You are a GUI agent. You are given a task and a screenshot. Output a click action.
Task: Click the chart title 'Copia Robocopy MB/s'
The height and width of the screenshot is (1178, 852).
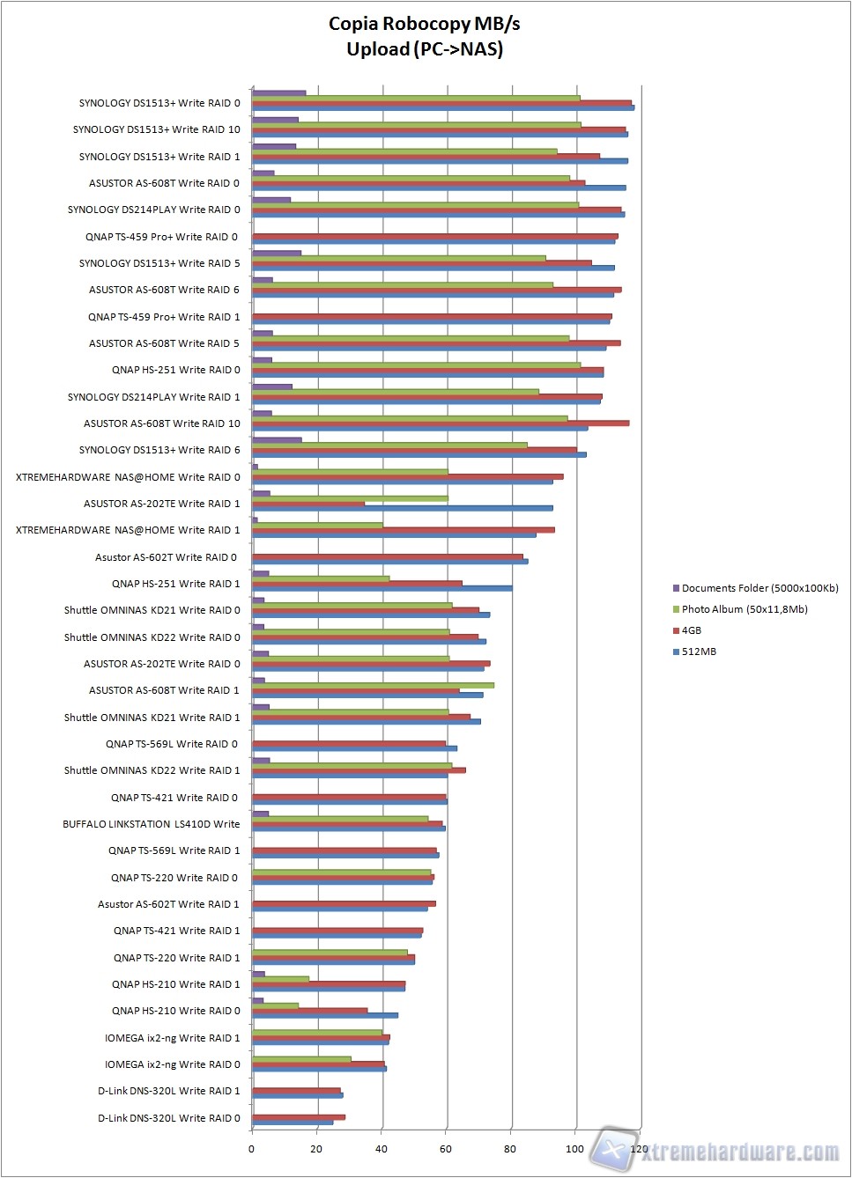point(425,24)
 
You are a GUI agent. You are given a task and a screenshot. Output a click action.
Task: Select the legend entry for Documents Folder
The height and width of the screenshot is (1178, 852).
point(759,588)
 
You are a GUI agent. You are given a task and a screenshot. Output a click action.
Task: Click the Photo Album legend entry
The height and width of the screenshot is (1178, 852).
point(744,609)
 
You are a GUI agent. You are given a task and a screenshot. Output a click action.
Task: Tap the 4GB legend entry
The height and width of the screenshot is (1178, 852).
point(691,630)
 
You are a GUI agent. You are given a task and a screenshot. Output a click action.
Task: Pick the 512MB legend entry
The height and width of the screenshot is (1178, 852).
point(698,652)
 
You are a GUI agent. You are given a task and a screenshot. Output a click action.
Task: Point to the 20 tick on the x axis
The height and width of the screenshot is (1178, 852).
point(316,1148)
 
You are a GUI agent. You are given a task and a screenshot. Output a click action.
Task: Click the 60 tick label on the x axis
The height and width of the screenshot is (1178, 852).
point(446,1148)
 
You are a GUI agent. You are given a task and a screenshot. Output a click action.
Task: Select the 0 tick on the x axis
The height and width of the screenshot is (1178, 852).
point(251,1148)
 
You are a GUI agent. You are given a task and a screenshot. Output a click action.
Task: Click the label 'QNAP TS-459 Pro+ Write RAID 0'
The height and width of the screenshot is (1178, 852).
point(161,237)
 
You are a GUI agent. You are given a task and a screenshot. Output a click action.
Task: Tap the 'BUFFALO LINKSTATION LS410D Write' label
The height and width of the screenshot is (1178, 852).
point(151,824)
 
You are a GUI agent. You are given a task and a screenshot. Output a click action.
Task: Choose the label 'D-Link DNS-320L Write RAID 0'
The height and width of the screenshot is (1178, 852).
point(168,1118)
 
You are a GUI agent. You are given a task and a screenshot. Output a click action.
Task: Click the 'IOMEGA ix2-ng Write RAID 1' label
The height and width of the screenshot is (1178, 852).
point(172,1038)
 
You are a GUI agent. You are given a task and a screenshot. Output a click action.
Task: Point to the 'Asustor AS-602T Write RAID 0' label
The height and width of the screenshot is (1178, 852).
point(166,557)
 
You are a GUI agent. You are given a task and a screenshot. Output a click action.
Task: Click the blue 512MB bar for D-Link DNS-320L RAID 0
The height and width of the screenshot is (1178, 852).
point(293,1123)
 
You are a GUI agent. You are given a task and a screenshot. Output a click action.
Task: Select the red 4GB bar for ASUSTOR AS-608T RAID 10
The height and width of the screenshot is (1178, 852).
point(441,423)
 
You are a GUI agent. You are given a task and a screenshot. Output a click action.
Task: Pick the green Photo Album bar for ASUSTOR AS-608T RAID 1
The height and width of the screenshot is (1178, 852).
point(373,685)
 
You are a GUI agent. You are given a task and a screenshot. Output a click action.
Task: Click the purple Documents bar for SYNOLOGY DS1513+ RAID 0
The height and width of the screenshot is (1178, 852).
point(278,92)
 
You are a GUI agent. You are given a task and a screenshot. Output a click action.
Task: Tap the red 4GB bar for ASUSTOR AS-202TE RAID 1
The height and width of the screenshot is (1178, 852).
point(308,504)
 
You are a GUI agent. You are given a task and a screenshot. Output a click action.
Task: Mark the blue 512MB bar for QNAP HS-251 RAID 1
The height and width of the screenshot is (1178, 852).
point(382,588)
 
